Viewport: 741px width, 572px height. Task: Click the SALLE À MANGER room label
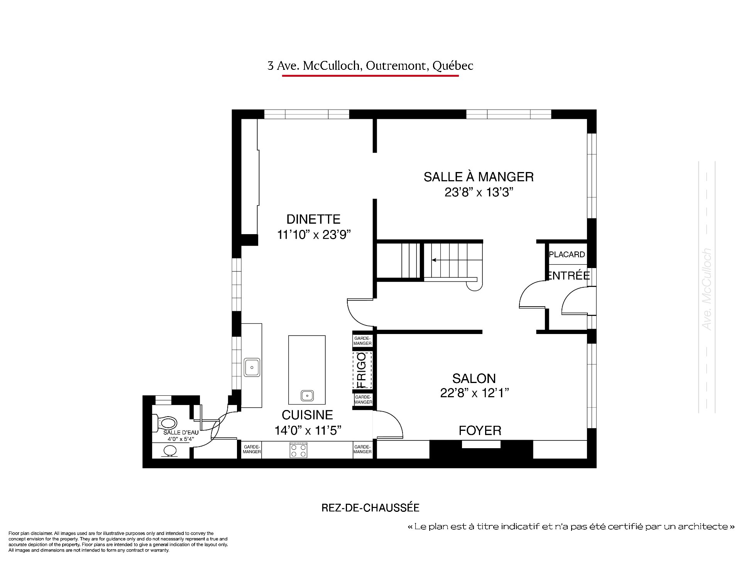pos(479,177)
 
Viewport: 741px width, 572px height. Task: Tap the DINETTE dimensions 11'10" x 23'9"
pos(313,235)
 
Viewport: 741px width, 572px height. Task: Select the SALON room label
pos(474,378)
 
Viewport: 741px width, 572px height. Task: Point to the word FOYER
pos(480,430)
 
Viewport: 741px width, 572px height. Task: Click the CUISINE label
pos(307,415)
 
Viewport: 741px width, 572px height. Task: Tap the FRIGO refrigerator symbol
pos(362,370)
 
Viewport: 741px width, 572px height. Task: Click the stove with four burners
pos(299,451)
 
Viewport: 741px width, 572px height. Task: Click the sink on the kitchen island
pos(307,395)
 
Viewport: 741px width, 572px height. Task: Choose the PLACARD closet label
pos(567,255)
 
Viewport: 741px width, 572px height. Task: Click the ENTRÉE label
pos(568,275)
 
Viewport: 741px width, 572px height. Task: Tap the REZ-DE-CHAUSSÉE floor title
pos(370,508)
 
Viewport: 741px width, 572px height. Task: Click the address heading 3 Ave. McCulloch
pos(370,66)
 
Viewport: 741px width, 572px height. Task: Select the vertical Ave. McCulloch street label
pos(707,289)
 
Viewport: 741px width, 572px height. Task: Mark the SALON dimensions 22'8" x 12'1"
pos(474,393)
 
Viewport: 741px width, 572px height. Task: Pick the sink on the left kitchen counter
pos(252,368)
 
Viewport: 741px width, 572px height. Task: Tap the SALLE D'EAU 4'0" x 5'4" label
pos(181,435)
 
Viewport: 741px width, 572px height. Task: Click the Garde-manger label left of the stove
pos(252,449)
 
